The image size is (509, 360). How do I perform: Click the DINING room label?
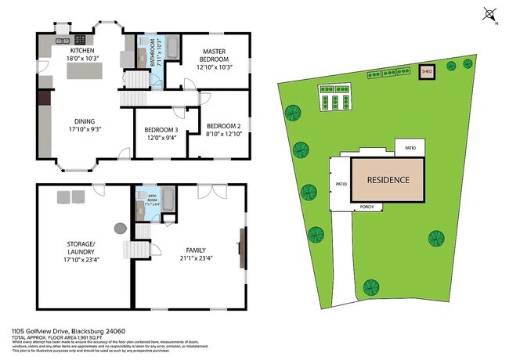tap(85, 121)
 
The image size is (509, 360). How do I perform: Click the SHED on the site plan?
tap(427, 72)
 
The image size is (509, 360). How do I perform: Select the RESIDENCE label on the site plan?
tap(388, 180)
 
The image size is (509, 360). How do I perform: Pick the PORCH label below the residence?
tap(366, 207)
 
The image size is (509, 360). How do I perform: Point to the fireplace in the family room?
tap(242, 250)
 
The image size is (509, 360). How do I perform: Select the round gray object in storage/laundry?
tap(120, 228)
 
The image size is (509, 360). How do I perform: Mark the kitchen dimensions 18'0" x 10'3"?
tap(82, 58)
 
